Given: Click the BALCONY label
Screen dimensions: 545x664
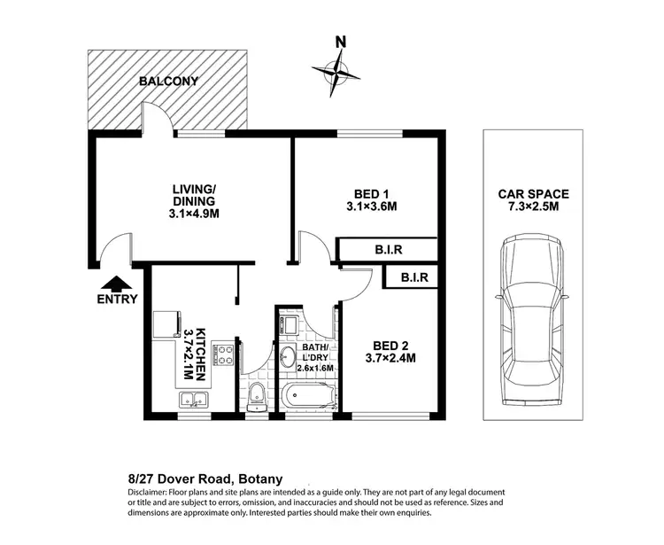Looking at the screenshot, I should coord(168,82).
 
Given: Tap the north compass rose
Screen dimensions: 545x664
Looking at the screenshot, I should coord(337,69).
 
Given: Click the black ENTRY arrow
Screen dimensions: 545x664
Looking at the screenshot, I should coord(117,284).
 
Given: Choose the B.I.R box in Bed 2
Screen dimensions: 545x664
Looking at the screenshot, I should coord(414,277).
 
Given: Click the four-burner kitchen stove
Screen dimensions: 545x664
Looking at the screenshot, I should coord(225,356).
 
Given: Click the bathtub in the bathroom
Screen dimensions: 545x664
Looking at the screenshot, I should coord(305,396).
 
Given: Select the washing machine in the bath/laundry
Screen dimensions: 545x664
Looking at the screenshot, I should coord(290,323).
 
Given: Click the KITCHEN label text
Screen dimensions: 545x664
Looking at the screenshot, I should coord(201,344).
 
